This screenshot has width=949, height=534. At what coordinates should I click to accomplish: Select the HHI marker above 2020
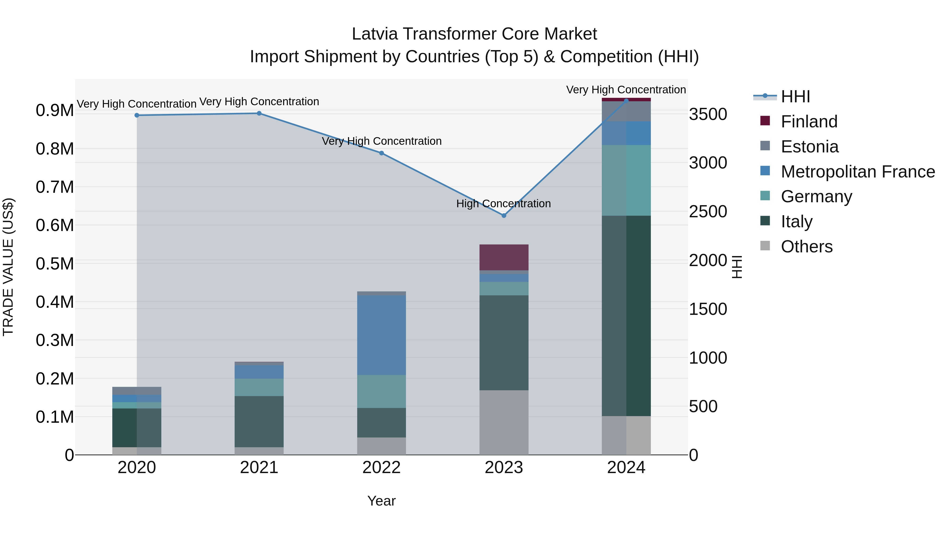[x=137, y=115]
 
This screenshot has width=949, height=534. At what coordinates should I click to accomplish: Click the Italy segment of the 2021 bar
[x=259, y=422]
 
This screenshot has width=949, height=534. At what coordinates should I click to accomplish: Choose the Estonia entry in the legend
[x=809, y=147]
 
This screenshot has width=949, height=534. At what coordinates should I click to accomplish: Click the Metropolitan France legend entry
[x=857, y=172]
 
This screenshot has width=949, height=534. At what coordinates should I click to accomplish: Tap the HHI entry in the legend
[x=795, y=97]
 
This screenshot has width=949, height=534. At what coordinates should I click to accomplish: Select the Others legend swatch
[x=765, y=246]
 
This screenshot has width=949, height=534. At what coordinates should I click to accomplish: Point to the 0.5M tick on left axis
[x=55, y=264]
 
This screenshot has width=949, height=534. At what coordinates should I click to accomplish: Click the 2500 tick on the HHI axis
[x=708, y=212]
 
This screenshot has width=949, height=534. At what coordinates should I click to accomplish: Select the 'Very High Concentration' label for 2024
[x=626, y=90]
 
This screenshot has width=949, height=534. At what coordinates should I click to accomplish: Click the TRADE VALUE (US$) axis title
[x=8, y=267]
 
